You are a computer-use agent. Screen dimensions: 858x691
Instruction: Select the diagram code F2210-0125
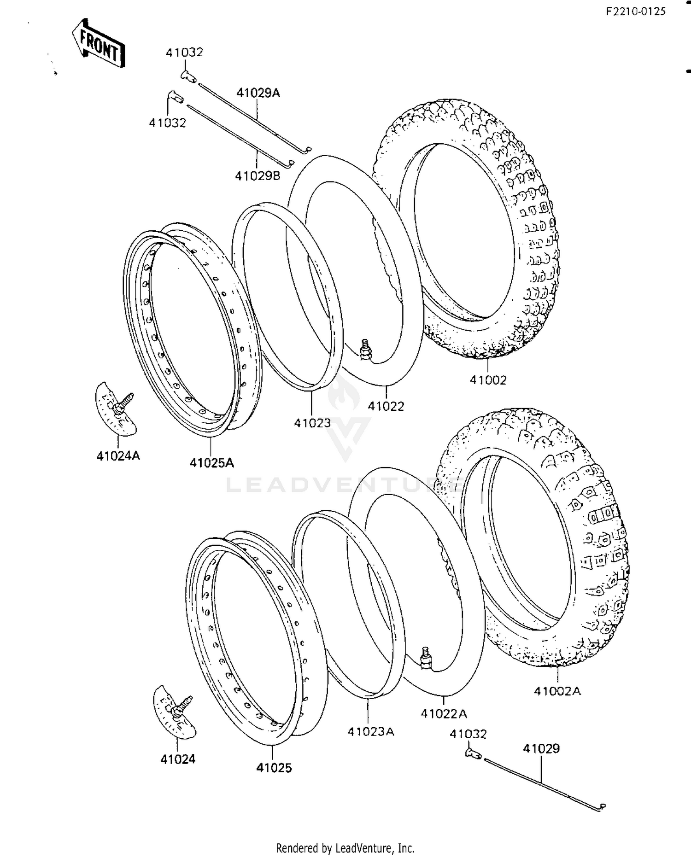(x=635, y=12)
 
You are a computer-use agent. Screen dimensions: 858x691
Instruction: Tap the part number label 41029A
(x=258, y=93)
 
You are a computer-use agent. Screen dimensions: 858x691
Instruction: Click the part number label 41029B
(x=258, y=176)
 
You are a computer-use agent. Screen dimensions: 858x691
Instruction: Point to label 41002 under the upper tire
(x=488, y=380)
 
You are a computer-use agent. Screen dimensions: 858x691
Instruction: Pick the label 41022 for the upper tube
(x=386, y=406)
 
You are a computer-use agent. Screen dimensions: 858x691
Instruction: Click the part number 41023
(x=312, y=423)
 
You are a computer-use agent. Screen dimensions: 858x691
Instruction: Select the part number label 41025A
(x=211, y=462)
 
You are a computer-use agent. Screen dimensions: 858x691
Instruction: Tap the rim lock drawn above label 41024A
(x=116, y=408)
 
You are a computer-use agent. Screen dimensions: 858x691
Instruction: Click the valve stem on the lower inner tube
(x=427, y=657)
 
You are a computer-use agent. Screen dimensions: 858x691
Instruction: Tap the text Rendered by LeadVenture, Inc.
(x=345, y=848)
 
